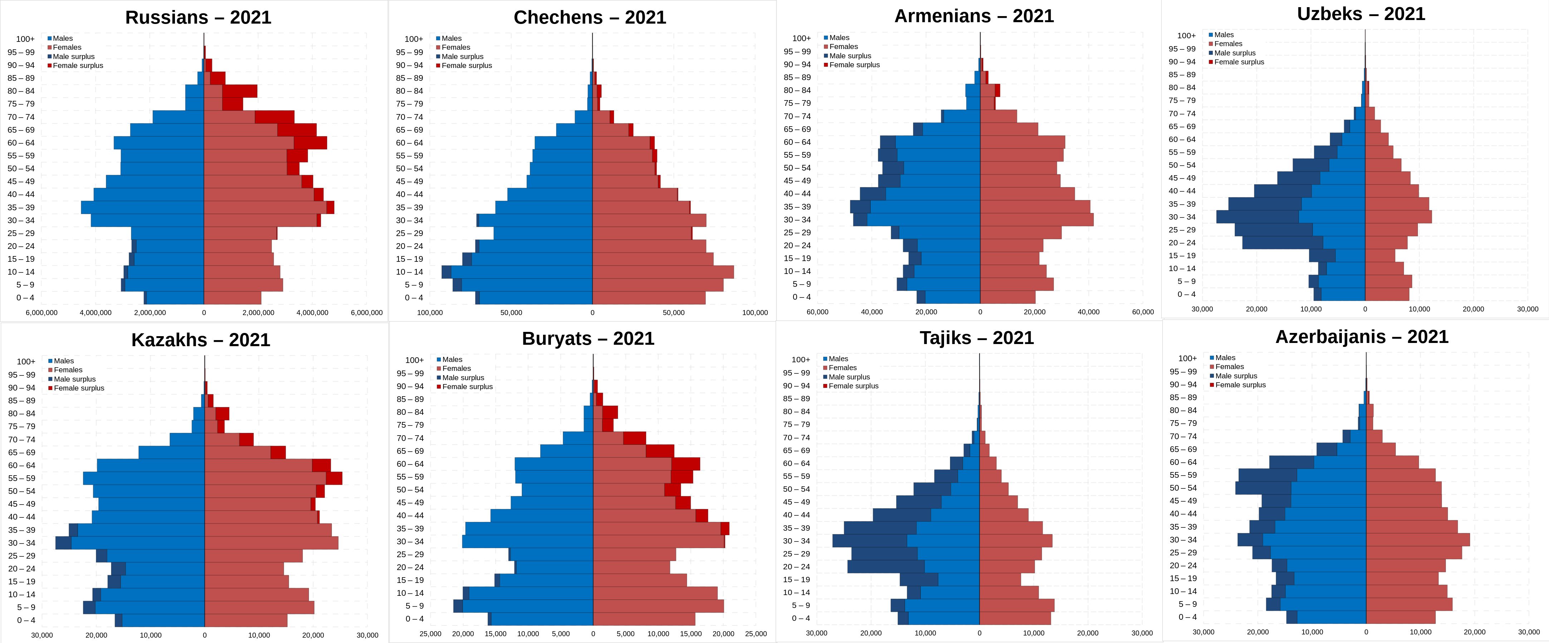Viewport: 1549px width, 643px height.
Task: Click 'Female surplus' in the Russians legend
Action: click(78, 65)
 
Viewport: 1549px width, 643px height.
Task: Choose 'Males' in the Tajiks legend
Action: click(838, 359)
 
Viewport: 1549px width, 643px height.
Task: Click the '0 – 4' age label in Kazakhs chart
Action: click(26, 620)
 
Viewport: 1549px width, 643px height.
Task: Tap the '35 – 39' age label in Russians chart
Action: click(21, 207)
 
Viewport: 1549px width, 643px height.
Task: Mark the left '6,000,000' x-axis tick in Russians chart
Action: click(41, 313)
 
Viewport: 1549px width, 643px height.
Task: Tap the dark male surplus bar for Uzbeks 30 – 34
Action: click(1257, 217)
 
